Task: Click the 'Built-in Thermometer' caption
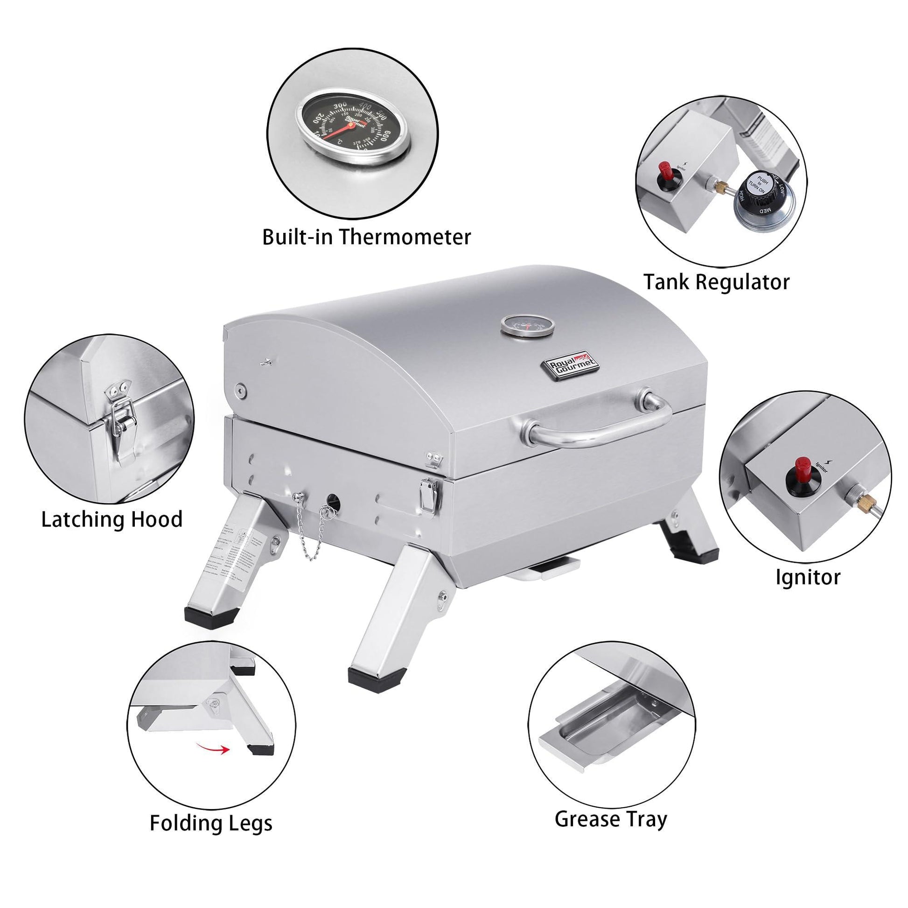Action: pos(366,237)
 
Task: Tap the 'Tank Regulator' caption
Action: pos(716,282)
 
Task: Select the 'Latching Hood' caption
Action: pos(112,519)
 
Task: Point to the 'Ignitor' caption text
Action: pos(807,577)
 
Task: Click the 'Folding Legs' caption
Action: pos(211,823)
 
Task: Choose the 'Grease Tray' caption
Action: pos(610,819)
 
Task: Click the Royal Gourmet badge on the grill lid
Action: pos(571,364)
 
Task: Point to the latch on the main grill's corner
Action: pos(429,495)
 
